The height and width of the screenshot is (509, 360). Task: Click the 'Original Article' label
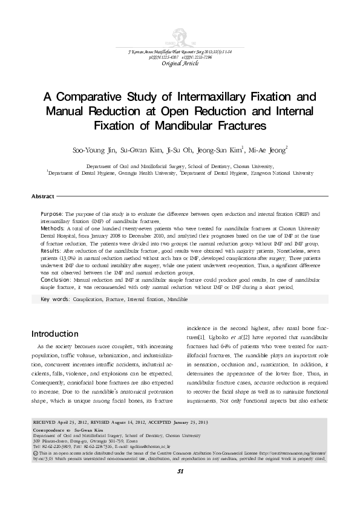coord(180,63)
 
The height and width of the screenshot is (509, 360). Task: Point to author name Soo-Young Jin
coord(91,149)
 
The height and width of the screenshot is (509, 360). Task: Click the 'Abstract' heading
coord(43,197)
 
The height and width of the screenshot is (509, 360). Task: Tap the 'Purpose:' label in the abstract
coord(52,215)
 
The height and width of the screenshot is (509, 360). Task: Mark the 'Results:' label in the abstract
coord(51,250)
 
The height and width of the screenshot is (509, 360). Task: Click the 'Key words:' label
coord(54,299)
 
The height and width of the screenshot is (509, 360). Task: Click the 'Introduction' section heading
coord(54,334)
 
